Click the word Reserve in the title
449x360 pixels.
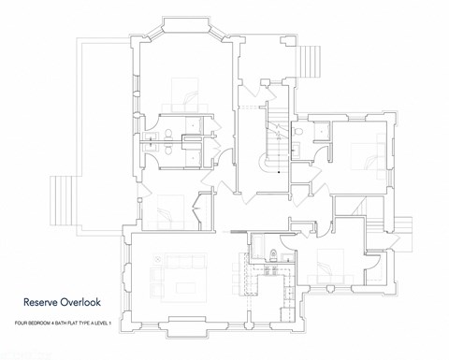[43, 302]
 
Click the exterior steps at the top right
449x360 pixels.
[312, 62]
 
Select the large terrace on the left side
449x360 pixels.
[103, 131]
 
